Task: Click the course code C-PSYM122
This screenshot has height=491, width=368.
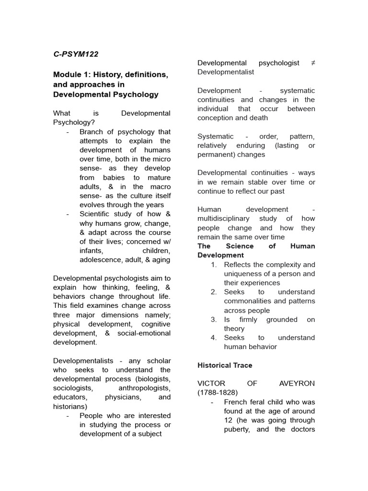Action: (x=76, y=54)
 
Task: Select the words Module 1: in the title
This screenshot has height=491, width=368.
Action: (x=71, y=75)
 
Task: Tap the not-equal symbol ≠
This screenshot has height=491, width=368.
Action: (x=313, y=63)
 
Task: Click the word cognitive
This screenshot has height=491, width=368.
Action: (x=154, y=324)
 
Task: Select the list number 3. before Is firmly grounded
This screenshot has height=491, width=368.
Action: (x=214, y=319)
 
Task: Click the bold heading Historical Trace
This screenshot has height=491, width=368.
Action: (x=225, y=365)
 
